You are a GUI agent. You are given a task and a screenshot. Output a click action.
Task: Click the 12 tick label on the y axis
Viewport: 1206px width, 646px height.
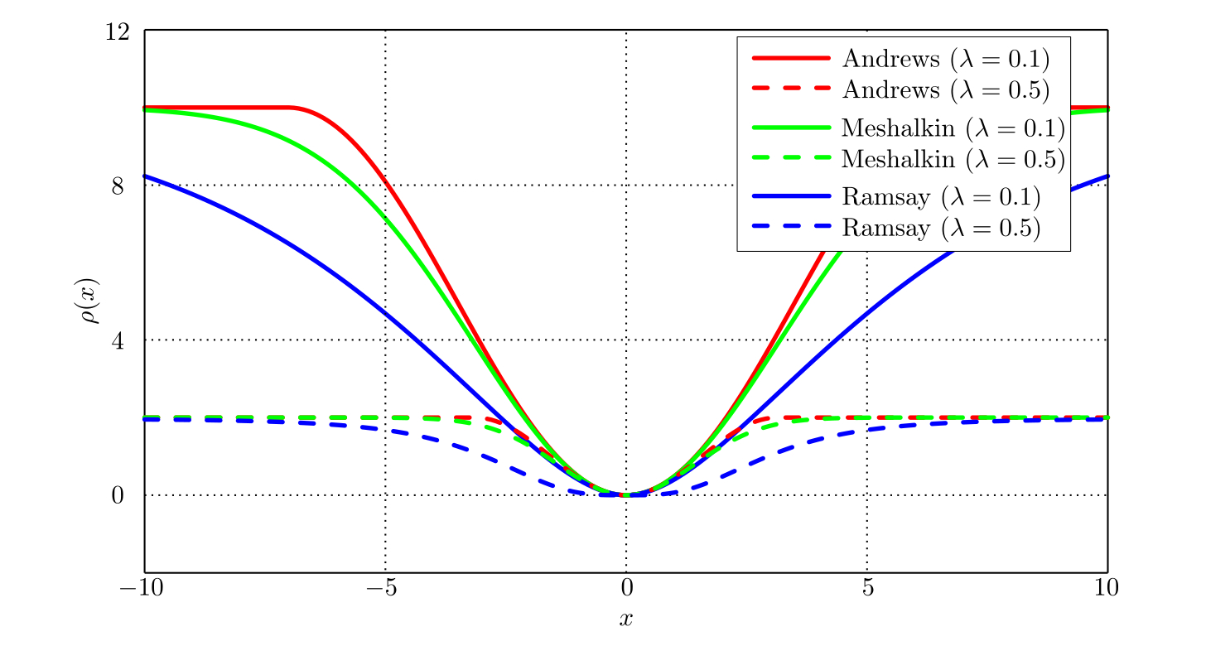coord(119,31)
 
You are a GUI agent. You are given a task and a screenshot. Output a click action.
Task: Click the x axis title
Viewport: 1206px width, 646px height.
coord(626,619)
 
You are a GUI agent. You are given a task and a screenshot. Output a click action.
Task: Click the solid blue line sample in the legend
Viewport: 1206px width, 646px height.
coord(791,196)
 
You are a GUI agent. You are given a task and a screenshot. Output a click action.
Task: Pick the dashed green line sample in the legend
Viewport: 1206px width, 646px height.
coord(791,157)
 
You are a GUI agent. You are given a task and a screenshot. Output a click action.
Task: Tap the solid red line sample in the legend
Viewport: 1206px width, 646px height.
coord(791,58)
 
